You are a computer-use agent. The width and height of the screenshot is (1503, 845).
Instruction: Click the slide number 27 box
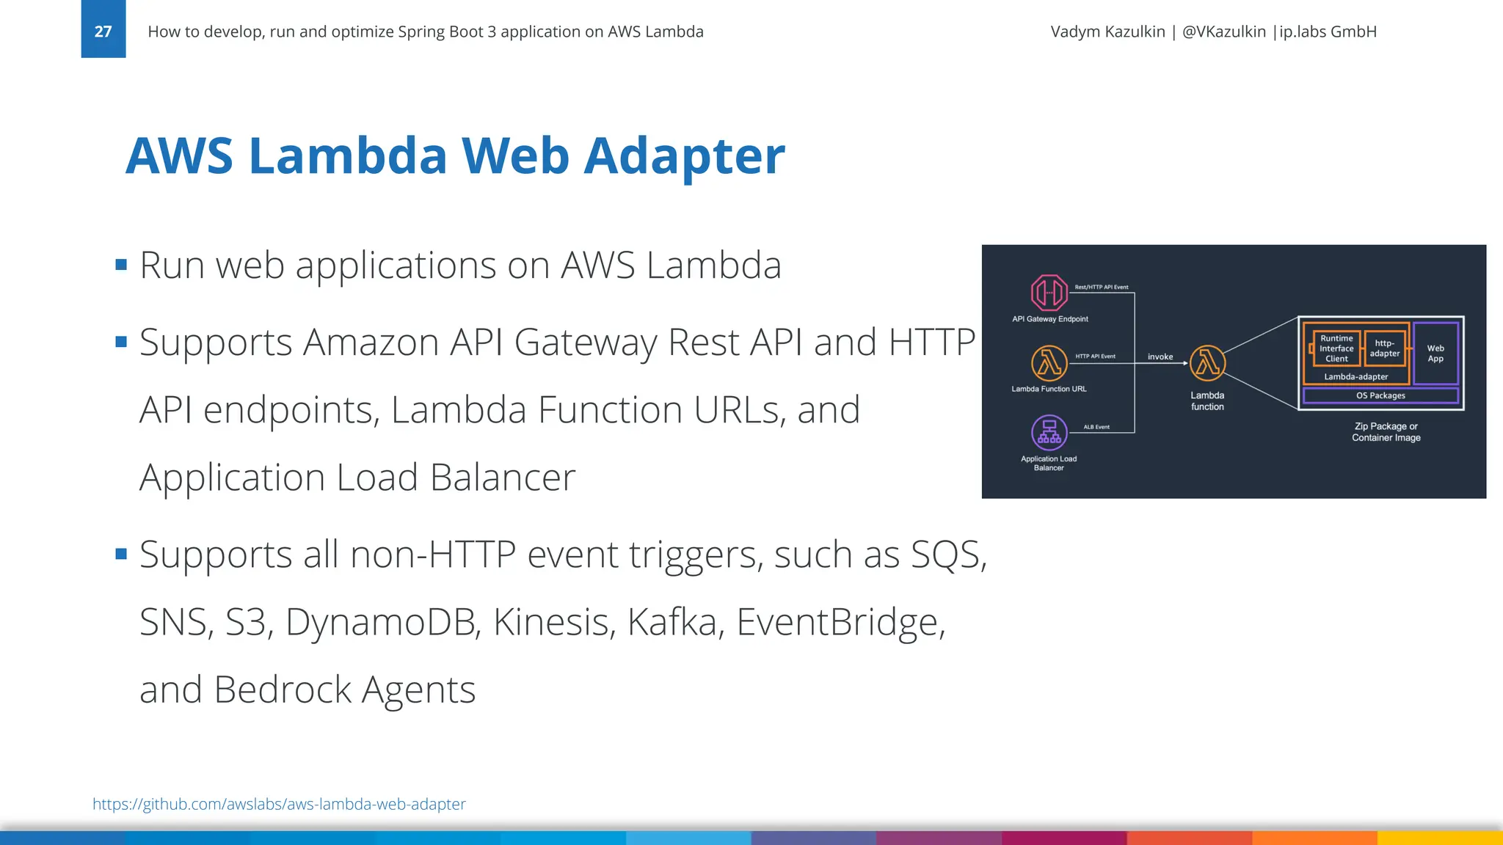(103, 30)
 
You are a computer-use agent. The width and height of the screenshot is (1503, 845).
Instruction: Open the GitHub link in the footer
(279, 804)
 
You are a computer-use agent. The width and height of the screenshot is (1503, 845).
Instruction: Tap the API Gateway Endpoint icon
(1049, 293)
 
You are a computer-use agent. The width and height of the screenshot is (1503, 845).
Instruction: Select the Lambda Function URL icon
(1049, 362)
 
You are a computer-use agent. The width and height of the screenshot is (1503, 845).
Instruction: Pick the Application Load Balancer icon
(1049, 433)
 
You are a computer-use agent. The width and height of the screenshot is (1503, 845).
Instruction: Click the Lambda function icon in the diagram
(1207, 363)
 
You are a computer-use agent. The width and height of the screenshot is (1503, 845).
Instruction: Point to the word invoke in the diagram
(1160, 356)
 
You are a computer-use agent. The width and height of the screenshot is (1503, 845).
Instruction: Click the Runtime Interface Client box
(1336, 348)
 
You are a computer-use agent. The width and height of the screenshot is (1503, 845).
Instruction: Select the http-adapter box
(1385, 348)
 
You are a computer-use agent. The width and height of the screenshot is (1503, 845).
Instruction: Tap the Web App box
(1435, 354)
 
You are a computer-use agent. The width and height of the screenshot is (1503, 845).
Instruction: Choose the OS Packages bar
(1380, 395)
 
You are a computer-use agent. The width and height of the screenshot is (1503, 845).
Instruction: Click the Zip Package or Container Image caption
(1386, 432)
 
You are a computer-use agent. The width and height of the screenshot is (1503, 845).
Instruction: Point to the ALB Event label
(1096, 427)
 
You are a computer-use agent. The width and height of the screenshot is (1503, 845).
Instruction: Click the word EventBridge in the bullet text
(840, 622)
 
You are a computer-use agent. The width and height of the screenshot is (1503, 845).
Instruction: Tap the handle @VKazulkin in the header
(1224, 32)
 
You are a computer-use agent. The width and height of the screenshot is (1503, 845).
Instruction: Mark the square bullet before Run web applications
(122, 265)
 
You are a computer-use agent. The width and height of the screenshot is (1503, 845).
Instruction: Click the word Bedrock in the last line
(283, 689)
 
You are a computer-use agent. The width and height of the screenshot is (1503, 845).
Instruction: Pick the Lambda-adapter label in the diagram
(1355, 377)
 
